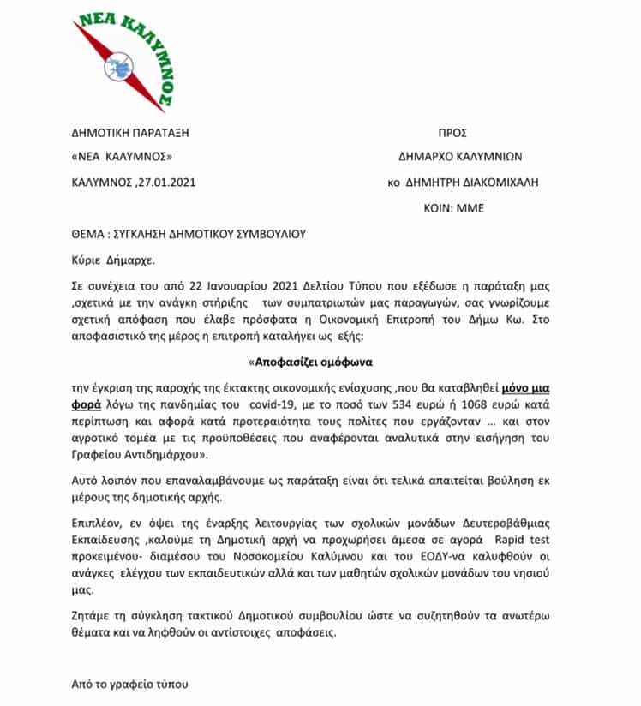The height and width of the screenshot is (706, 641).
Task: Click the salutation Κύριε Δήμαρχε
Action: coord(108,259)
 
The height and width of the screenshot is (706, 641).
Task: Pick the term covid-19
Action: coord(261,404)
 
